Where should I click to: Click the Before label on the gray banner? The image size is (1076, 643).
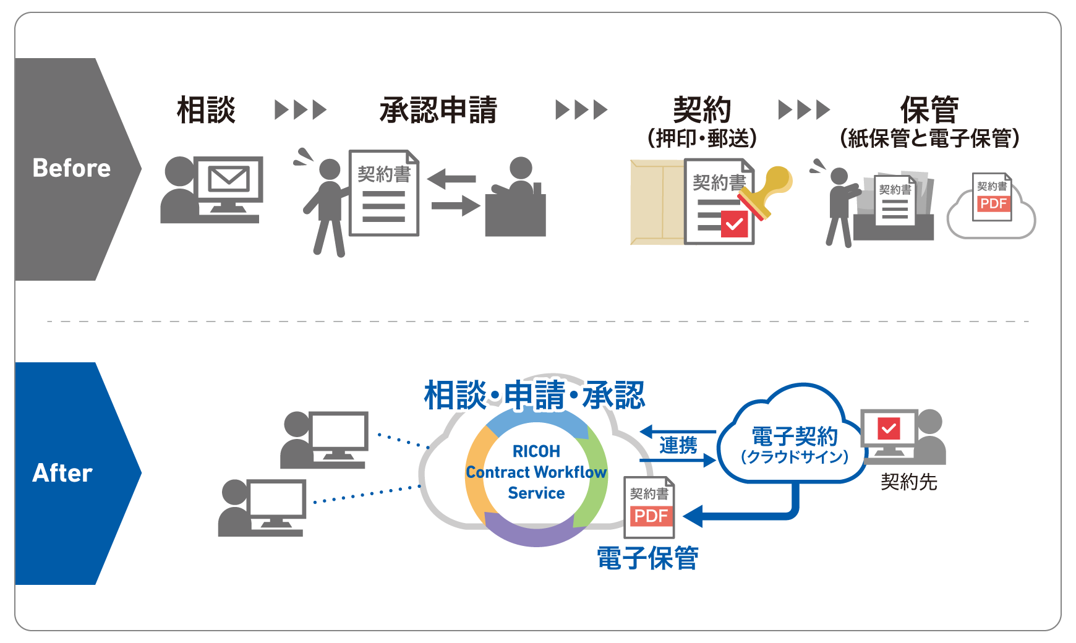72,168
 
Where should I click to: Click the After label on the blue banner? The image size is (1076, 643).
62,473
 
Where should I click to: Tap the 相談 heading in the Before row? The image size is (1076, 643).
206,110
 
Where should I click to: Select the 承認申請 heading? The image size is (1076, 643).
438,110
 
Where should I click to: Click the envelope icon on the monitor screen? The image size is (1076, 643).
228,179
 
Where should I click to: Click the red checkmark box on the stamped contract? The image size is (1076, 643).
735,224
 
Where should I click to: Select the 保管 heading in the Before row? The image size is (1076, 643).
929,110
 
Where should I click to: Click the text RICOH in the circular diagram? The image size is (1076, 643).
536,451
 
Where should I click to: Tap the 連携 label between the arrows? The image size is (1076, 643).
678,445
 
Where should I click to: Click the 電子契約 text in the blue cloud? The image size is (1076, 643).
795,436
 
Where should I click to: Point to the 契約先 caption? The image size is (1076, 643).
908,482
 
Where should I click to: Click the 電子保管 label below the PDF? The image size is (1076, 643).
647,558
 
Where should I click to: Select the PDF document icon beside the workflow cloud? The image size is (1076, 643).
649,507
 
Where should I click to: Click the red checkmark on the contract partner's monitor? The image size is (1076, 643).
889,428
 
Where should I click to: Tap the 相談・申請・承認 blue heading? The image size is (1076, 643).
535,395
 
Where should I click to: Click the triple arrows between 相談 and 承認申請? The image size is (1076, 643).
301,110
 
